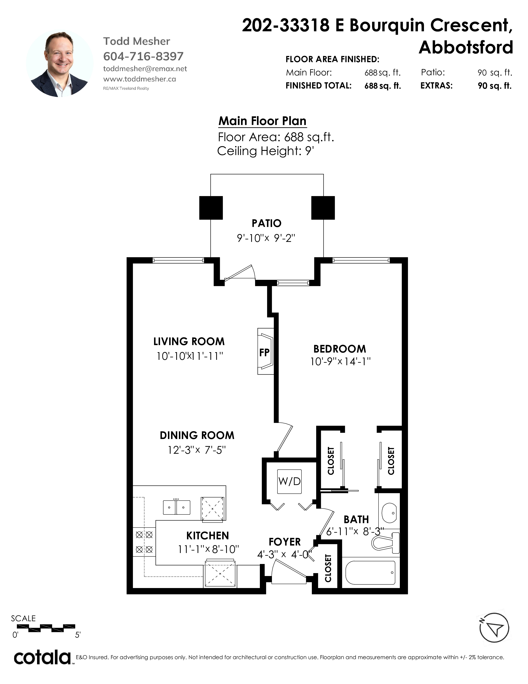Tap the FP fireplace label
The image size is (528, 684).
(x=264, y=352)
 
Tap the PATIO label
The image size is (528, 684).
(x=266, y=223)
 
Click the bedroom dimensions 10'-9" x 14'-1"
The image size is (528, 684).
(x=340, y=362)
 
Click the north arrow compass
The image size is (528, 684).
(x=494, y=628)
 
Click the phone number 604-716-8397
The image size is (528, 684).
(x=143, y=56)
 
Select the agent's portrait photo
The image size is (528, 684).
(x=60, y=64)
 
